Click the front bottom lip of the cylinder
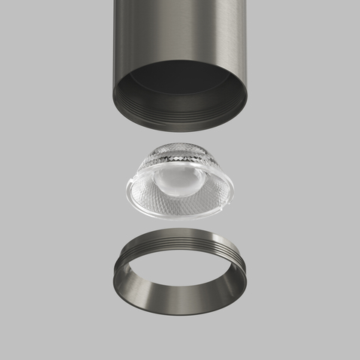point(180,128)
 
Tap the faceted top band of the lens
point(180,154)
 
